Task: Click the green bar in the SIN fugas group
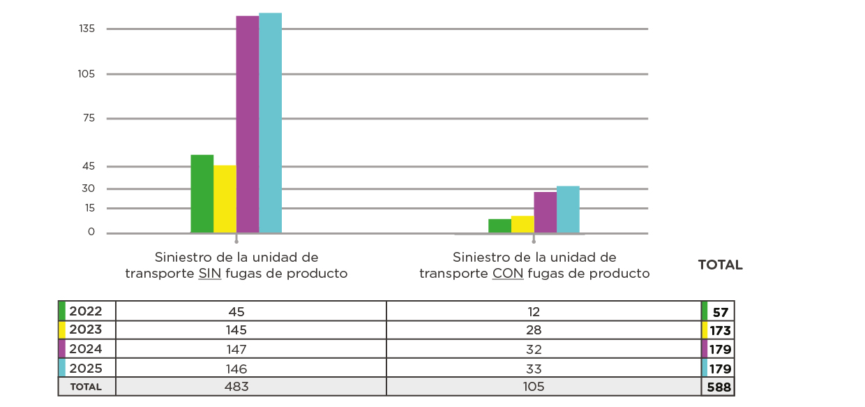(x=202, y=194)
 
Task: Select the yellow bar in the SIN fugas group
(x=225, y=199)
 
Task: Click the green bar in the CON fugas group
(x=499, y=225)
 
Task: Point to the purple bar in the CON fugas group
(x=545, y=212)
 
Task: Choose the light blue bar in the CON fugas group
(x=568, y=209)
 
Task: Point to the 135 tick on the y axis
(x=86, y=29)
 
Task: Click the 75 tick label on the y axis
(x=89, y=119)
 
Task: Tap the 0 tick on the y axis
(x=91, y=232)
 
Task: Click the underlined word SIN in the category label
(x=210, y=274)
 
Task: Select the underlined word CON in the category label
(x=508, y=274)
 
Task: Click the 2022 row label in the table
(x=85, y=311)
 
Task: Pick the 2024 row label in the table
(x=85, y=348)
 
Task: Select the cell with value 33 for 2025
(x=534, y=368)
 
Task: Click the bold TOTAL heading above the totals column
(x=720, y=265)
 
